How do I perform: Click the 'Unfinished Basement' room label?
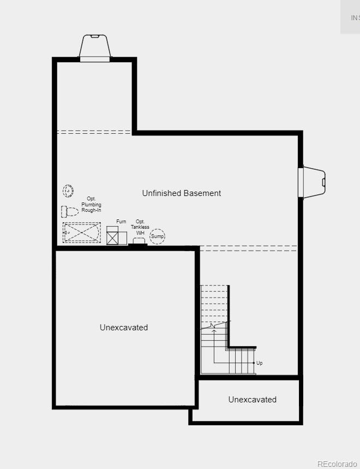pyautogui.click(x=182, y=193)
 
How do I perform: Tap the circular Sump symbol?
pyautogui.click(x=158, y=236)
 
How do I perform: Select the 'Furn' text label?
pyautogui.click(x=121, y=222)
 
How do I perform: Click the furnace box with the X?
pyautogui.click(x=113, y=238)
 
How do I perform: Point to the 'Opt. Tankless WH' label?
pyautogui.click(x=140, y=227)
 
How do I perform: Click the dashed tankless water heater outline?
pyautogui.click(x=139, y=241)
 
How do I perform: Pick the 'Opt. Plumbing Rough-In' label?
pyautogui.click(x=91, y=204)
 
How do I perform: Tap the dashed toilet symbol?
pyautogui.click(x=70, y=211)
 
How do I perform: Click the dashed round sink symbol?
pyautogui.click(x=68, y=191)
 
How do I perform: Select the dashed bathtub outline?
pyautogui.click(x=82, y=233)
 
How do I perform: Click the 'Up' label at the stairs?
pyautogui.click(x=260, y=363)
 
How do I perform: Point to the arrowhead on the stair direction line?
pyautogui.click(x=214, y=330)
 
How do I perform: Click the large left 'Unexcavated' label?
pyautogui.click(x=124, y=328)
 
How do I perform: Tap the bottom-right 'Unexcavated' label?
pyautogui.click(x=252, y=400)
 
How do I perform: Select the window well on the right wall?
pyautogui.click(x=313, y=181)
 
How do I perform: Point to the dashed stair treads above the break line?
pyautogui.click(x=214, y=303)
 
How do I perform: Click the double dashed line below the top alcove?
pyautogui.click(x=94, y=132)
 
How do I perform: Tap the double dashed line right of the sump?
pyautogui.click(x=248, y=248)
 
